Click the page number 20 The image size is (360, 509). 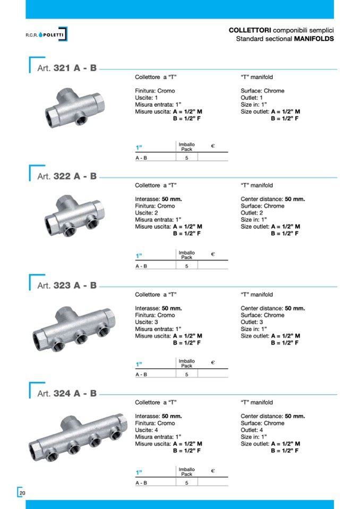[x=22, y=494]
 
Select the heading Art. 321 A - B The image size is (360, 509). [x=67, y=68]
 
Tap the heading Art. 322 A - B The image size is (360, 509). [x=67, y=176]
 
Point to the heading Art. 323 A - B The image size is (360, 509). [x=67, y=286]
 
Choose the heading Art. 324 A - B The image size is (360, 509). [x=67, y=393]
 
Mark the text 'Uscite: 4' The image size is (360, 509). [x=147, y=430]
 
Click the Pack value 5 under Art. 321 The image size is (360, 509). [x=186, y=158]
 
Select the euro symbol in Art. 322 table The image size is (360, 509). [x=213, y=254]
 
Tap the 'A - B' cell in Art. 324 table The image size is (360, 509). [x=141, y=482]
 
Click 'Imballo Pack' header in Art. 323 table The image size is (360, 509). [x=186, y=363]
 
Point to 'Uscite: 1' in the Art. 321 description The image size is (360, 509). [x=147, y=98]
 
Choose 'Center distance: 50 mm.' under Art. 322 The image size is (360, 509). [x=272, y=199]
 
